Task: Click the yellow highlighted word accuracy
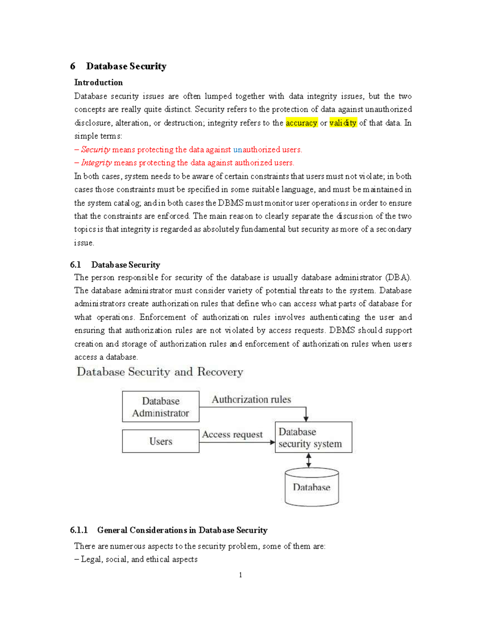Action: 301,123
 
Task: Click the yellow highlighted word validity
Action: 343,123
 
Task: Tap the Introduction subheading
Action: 98,83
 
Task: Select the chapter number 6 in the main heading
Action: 72,66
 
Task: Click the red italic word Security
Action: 95,150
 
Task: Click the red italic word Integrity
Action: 96,163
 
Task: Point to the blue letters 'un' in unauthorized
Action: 237,150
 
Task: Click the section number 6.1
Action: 75,265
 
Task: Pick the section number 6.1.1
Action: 78,530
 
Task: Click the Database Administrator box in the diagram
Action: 161,406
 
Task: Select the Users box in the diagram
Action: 161,441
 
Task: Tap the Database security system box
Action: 313,437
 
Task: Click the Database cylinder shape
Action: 312,487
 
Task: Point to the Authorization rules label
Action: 251,399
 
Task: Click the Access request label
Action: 232,435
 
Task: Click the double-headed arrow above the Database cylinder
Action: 308,460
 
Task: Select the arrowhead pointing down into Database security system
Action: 306,419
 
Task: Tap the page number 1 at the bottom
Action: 240,575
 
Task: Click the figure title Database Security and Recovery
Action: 160,372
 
